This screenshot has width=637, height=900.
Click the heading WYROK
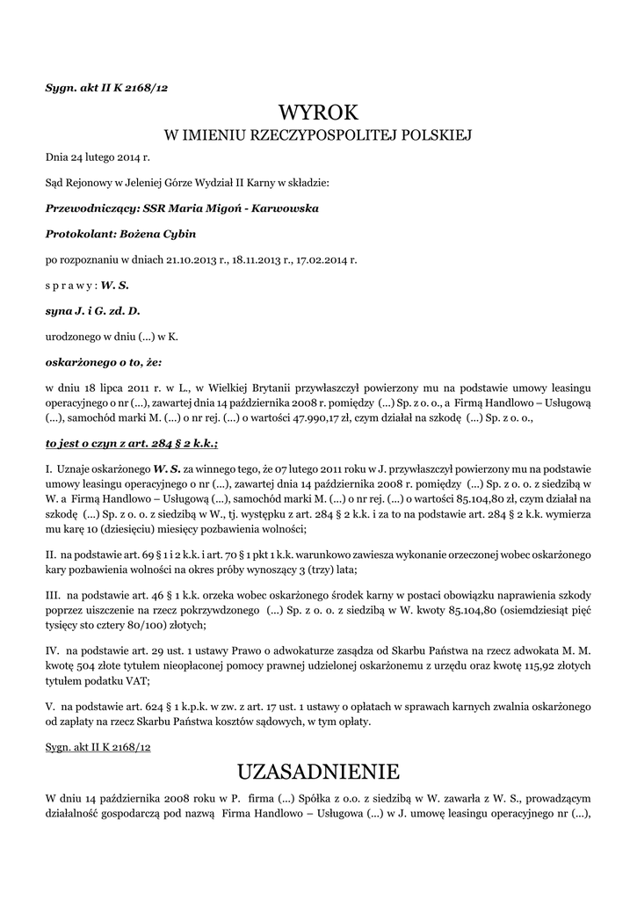click(x=318, y=112)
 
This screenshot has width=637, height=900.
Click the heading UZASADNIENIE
click(x=318, y=772)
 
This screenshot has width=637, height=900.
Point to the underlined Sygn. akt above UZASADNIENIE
click(x=98, y=745)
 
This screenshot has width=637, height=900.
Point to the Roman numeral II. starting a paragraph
click(x=50, y=556)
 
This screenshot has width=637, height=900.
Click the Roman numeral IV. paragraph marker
click(x=51, y=650)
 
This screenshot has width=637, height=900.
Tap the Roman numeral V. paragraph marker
click(x=50, y=706)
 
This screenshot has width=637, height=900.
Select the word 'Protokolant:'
click(x=82, y=234)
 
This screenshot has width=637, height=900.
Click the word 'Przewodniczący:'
click(x=91, y=208)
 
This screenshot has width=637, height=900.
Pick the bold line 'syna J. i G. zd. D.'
click(x=92, y=310)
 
